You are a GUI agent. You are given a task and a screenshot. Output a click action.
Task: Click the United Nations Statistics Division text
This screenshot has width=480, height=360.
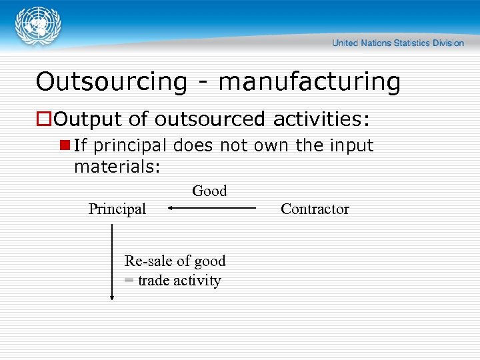(398, 43)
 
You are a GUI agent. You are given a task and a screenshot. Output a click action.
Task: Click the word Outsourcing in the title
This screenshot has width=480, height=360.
(111, 82)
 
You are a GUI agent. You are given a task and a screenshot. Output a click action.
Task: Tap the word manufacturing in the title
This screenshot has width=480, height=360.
(309, 82)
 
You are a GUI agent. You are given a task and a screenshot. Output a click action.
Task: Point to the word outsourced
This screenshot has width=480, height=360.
(210, 119)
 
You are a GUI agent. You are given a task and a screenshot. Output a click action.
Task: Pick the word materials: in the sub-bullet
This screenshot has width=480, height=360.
(117, 167)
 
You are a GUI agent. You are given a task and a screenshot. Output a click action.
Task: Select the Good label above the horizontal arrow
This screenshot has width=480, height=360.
(209, 191)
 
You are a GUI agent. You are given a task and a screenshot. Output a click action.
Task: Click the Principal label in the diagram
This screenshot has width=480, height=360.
(117, 209)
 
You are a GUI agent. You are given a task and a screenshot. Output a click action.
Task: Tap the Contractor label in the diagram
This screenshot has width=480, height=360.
(315, 209)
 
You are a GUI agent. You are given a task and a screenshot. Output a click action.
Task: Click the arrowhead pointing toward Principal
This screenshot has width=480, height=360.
(170, 208)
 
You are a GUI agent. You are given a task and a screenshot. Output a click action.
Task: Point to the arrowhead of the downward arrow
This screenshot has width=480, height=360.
(112, 297)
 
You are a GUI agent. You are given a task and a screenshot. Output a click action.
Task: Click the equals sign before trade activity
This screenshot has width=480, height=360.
(129, 281)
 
